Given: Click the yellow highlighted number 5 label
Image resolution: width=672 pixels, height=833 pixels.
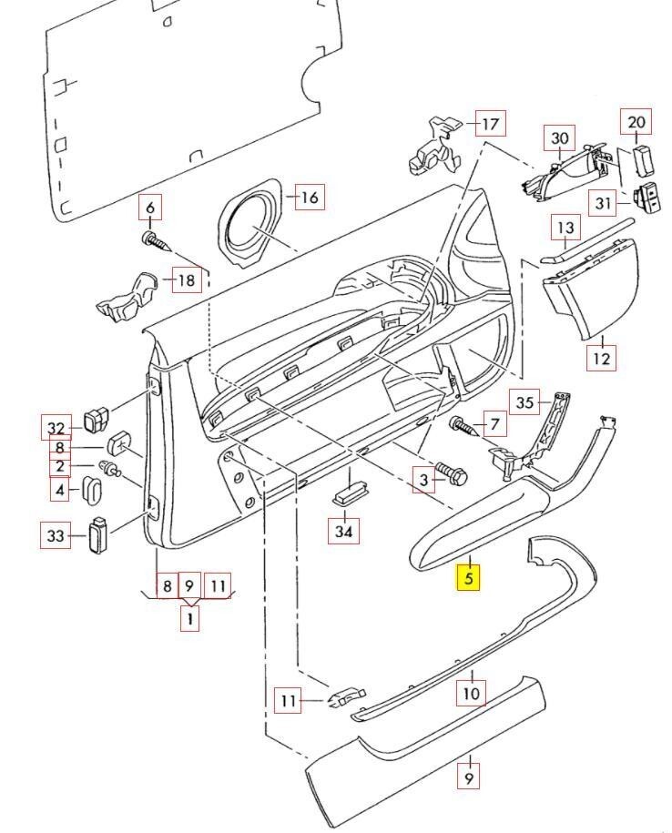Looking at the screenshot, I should tap(468, 577).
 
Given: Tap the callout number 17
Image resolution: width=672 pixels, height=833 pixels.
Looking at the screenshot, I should tap(490, 124).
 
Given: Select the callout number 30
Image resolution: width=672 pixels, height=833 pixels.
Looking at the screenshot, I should tap(560, 138).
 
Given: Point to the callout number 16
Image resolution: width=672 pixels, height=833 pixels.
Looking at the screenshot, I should tap(310, 198).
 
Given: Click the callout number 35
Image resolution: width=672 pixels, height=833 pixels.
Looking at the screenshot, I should tap(524, 402).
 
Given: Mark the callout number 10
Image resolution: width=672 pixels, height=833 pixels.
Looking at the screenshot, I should tap(471, 693).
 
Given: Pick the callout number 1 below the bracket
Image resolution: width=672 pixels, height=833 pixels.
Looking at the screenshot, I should tap(189, 619).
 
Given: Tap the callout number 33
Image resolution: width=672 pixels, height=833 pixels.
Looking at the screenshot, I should tap(56, 536).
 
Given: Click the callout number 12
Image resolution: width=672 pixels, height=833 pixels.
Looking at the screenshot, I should tap(601, 357).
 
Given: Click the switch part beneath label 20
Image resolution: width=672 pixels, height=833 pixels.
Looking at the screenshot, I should tap(644, 160).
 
